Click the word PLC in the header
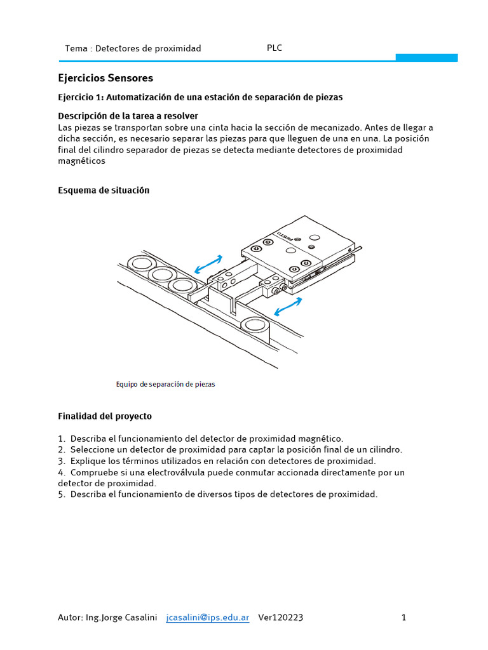tap(274, 48)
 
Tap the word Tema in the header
tap(76, 48)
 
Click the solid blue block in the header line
tap(426, 58)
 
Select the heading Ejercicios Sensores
tap(105, 78)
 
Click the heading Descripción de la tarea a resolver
tap(128, 116)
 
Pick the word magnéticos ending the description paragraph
tap(81, 161)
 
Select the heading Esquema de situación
tap(104, 190)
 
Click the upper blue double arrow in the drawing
tap(208, 263)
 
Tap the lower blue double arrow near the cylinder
tap(288, 307)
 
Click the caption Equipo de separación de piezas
tap(166, 384)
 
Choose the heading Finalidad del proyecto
tap(105, 416)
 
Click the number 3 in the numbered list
tap(61, 461)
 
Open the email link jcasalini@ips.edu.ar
tap(207, 618)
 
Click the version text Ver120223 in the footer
tap(280, 618)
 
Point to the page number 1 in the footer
tap(403, 618)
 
